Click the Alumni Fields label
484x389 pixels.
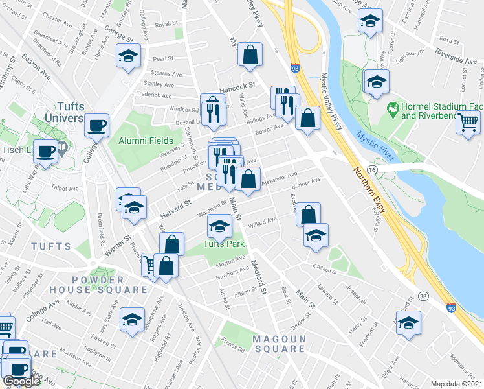pos(146,141)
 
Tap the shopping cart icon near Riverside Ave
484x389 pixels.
pos(468,121)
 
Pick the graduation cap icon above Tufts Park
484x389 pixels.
pos(219,226)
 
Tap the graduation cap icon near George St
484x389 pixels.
pos(128,56)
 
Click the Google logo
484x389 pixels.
pos(21,381)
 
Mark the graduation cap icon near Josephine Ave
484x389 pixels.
pos(133,321)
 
